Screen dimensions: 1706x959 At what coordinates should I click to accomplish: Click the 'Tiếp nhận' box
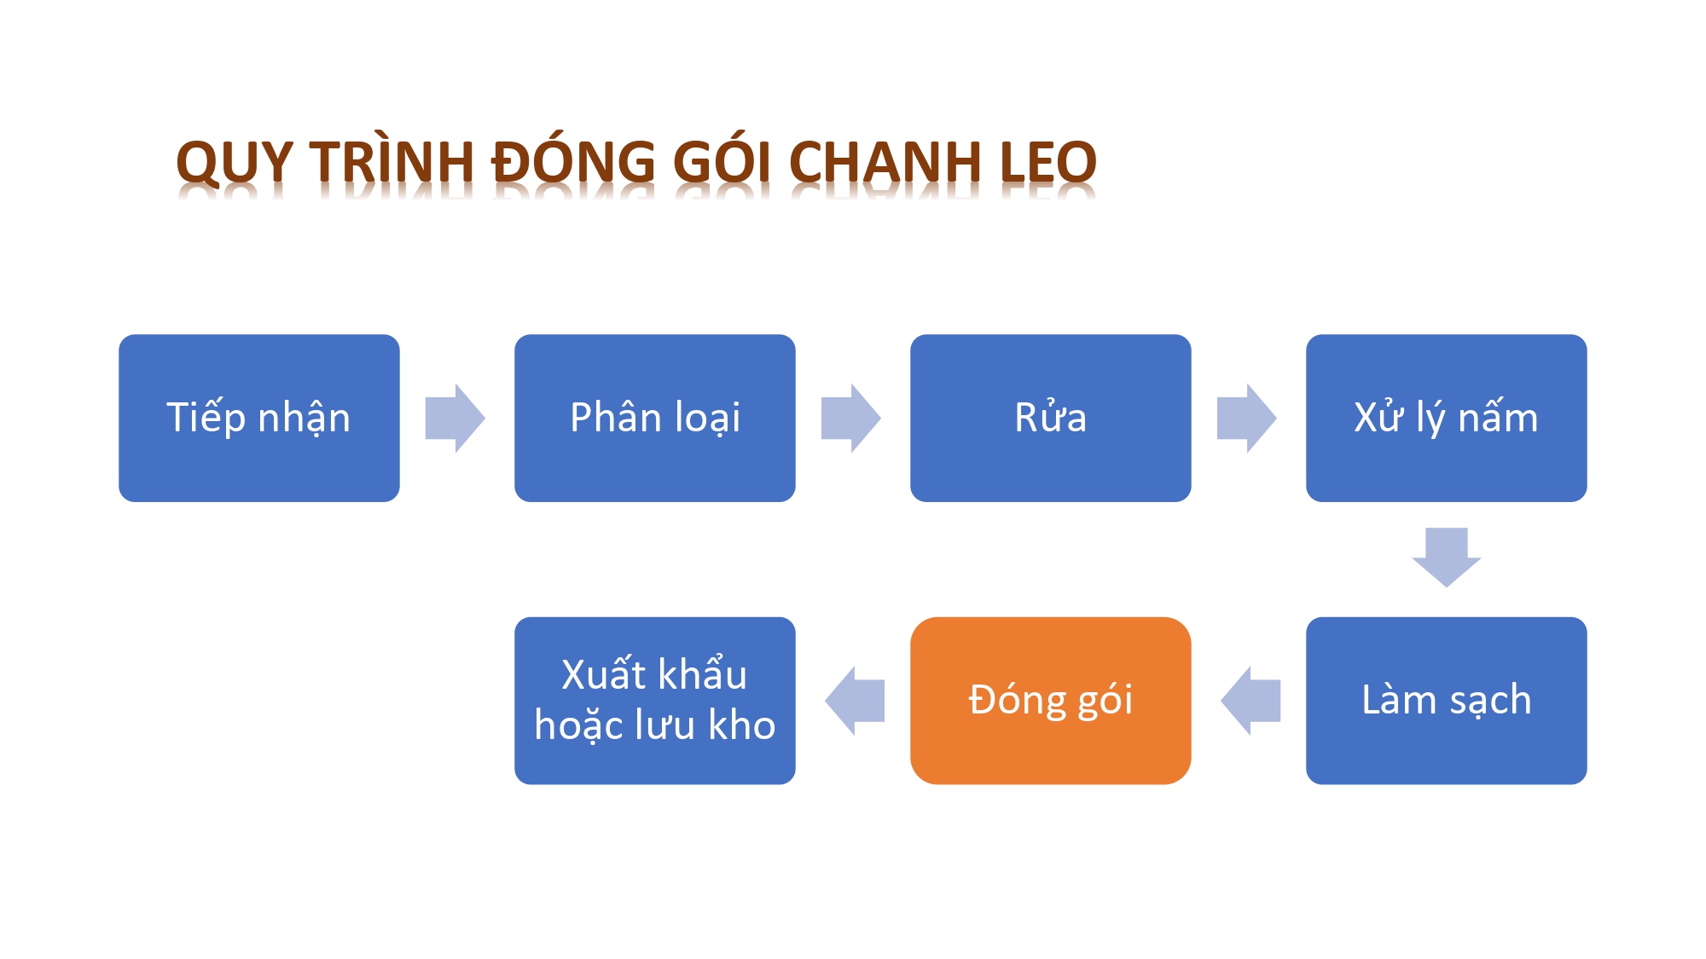coord(259,418)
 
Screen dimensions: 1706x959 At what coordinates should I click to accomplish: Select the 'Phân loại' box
coord(655,418)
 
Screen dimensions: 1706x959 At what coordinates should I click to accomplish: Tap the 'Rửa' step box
coord(1051,418)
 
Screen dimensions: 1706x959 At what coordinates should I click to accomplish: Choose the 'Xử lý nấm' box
coord(1447,418)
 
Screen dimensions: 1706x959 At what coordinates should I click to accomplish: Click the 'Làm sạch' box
coord(1447,701)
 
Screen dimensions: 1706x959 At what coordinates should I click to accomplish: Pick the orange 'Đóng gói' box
coord(1051,701)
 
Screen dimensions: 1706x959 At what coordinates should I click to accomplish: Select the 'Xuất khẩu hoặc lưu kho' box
coord(655,701)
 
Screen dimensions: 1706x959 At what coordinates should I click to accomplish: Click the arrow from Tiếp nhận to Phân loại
coord(456,418)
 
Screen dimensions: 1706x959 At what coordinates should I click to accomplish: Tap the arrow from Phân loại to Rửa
coord(851,418)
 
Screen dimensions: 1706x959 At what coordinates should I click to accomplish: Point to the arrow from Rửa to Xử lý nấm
coord(1247,418)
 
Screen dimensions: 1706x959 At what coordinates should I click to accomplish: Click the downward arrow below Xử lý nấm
coord(1447,557)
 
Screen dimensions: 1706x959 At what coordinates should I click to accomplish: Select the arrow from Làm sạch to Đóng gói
coord(1250,701)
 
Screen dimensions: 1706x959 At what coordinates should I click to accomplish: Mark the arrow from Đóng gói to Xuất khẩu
coord(855,701)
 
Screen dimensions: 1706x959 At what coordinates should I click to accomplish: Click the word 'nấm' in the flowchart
coord(1498,417)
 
